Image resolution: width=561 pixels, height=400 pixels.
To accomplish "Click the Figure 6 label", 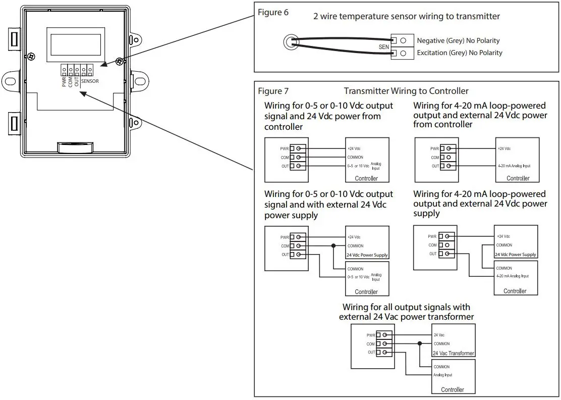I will click(x=273, y=13).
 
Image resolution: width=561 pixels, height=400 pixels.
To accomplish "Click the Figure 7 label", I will click(x=273, y=91).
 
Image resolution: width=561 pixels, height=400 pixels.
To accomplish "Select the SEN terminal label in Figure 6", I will click(x=384, y=46).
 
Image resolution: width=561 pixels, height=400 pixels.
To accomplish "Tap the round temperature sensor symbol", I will click(x=289, y=42).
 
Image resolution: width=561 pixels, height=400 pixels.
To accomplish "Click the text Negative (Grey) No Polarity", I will click(x=458, y=40).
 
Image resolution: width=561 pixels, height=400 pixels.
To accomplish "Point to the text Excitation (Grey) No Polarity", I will click(x=459, y=53).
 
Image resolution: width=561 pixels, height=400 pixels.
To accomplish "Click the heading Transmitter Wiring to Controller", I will click(x=406, y=91).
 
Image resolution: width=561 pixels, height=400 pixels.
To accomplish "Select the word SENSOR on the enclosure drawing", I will click(x=90, y=81).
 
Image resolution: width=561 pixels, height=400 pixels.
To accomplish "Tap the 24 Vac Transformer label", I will click(x=454, y=354).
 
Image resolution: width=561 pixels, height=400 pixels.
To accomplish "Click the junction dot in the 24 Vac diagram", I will click(x=419, y=343).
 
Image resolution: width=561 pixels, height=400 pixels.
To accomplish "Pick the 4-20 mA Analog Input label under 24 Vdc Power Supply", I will click(x=512, y=276).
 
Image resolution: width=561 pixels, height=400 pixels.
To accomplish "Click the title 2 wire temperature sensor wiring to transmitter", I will click(x=407, y=17).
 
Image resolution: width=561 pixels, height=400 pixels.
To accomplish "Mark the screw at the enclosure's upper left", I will click(x=32, y=56).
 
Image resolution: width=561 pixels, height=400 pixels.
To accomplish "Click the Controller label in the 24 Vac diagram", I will click(x=452, y=389).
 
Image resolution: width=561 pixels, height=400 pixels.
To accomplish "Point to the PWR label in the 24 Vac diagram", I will click(x=371, y=335).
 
